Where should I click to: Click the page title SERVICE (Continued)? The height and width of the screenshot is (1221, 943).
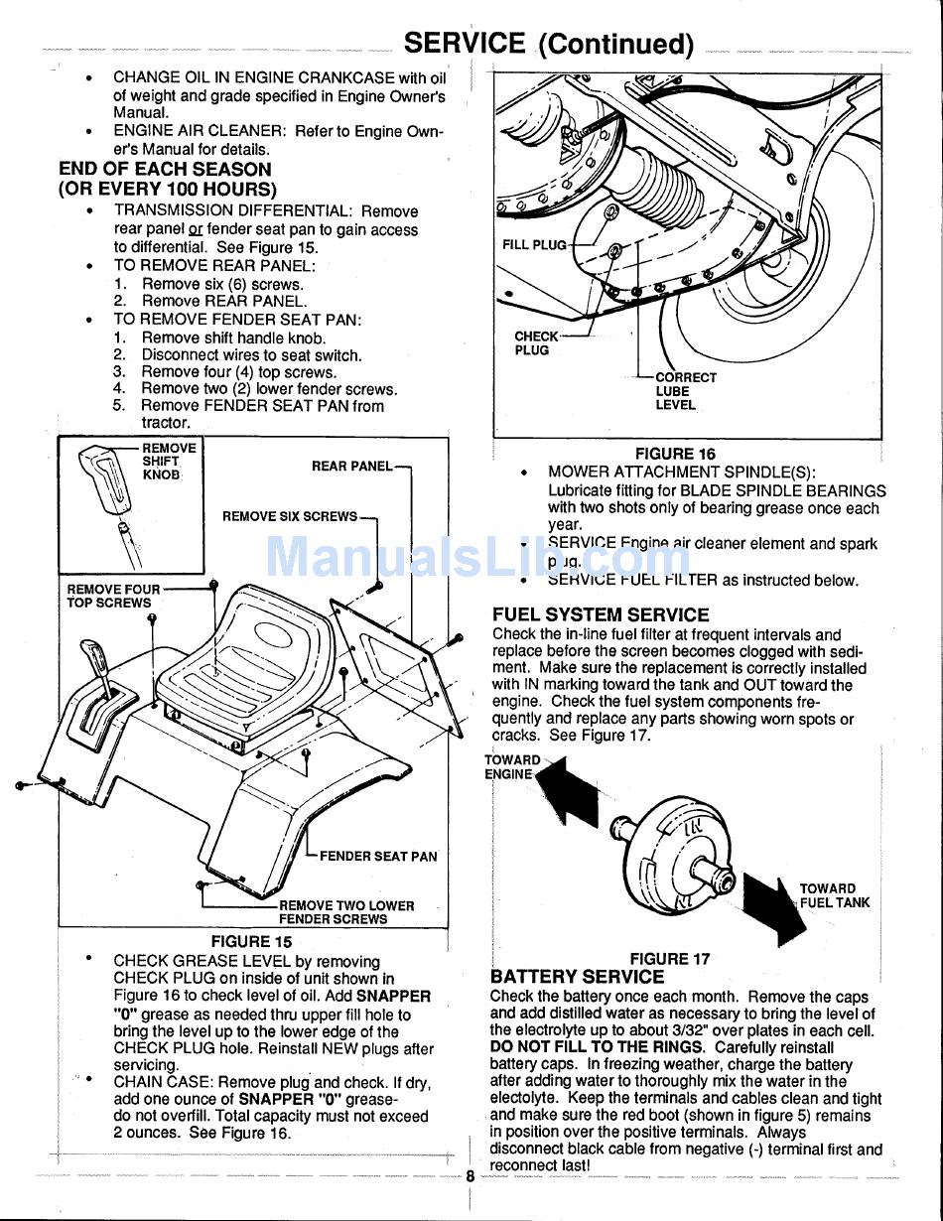549,44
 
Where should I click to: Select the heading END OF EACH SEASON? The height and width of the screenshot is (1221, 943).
165,170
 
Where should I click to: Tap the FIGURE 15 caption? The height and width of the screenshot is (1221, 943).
251,941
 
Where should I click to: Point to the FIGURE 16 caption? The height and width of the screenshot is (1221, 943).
675,454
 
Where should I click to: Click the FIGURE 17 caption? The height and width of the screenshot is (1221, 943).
670,959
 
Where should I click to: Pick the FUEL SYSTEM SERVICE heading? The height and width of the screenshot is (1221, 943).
601,614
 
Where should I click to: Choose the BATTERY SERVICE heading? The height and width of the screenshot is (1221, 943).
577,977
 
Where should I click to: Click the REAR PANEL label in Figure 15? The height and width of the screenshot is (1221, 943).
351,467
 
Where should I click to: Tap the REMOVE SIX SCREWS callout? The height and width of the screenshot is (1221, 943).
289,516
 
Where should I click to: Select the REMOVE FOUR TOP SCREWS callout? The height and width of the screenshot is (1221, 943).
112,596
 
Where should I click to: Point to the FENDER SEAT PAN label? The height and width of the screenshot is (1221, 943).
378,856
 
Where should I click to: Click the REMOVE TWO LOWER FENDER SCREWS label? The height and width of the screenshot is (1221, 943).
346,912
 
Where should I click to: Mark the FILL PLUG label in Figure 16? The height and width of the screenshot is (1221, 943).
534,245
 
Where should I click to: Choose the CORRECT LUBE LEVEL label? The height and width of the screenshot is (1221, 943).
685,391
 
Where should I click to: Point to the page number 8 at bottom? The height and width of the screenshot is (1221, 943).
470,1176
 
